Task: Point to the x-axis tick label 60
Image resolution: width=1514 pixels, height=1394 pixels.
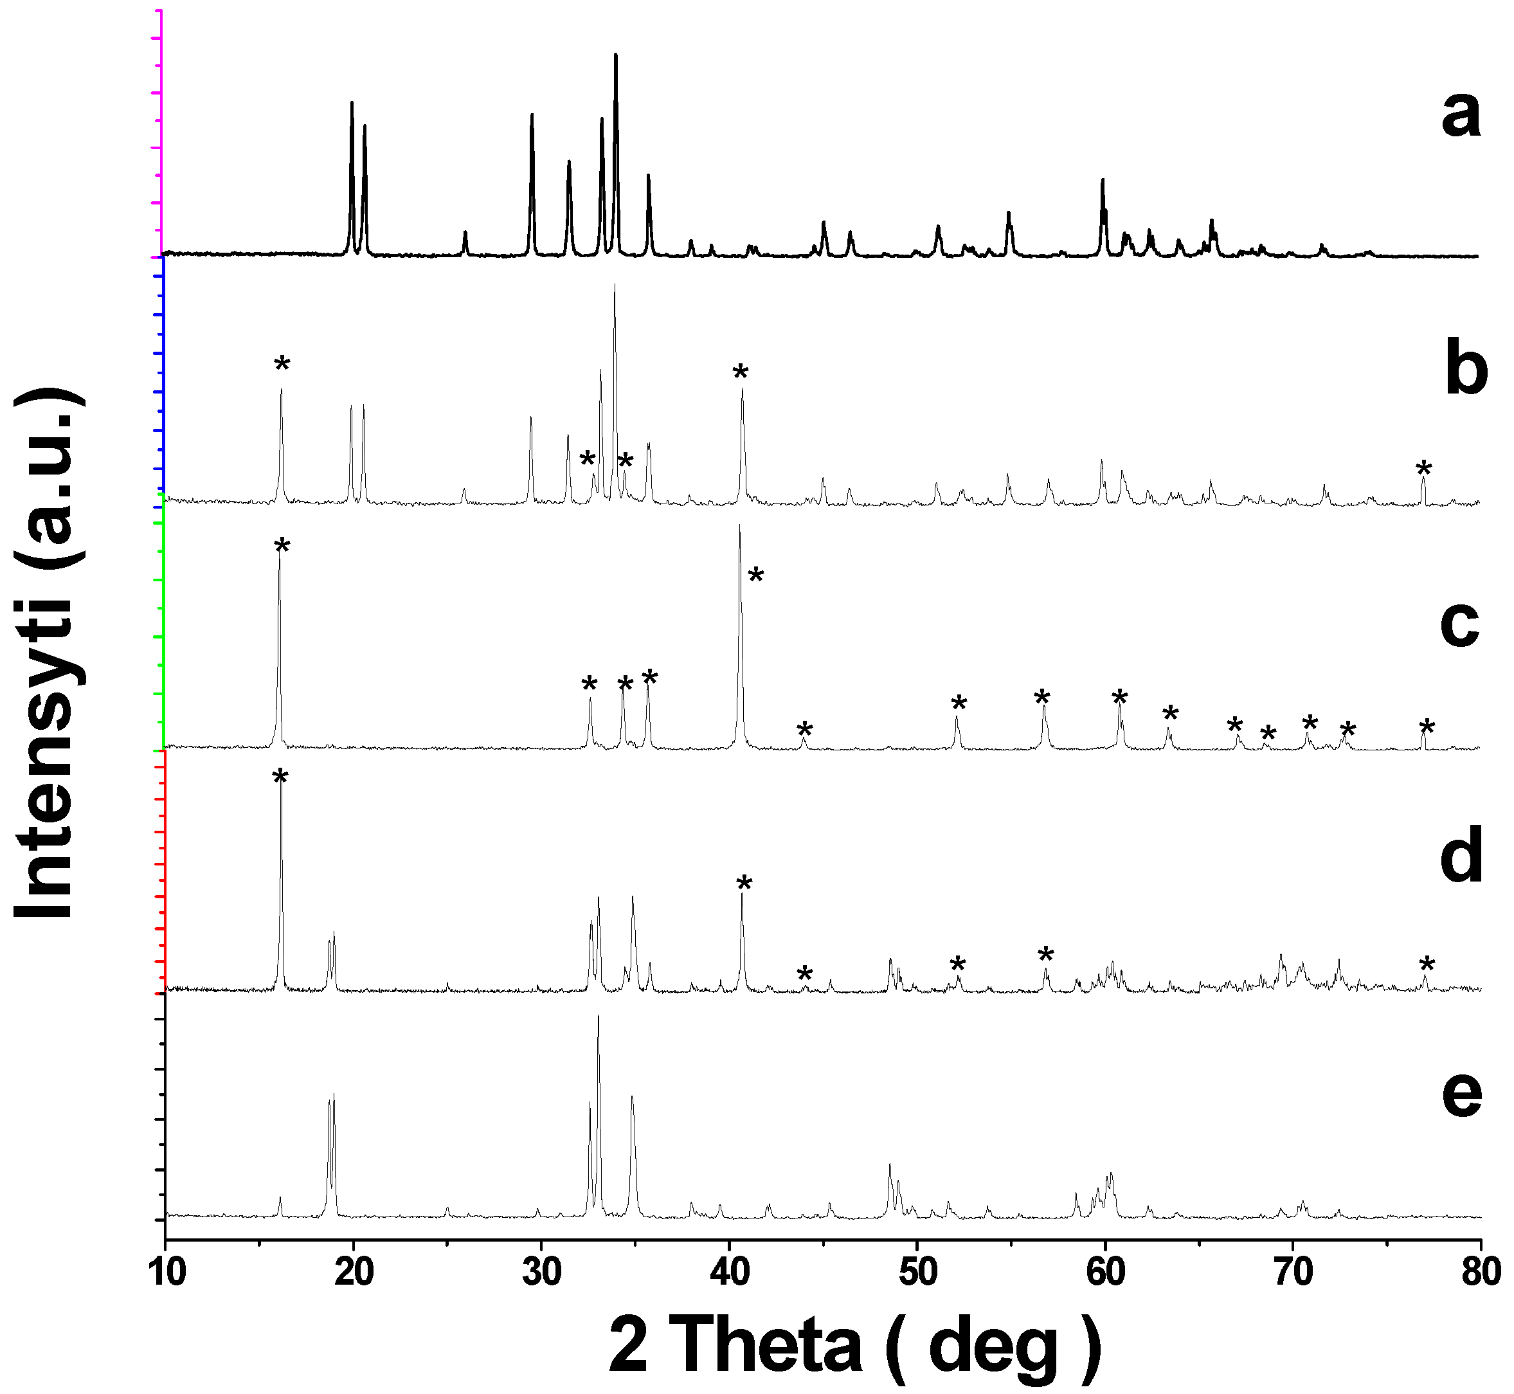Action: [1105, 1273]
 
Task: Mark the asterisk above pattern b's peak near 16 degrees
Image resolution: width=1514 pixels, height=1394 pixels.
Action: [282, 365]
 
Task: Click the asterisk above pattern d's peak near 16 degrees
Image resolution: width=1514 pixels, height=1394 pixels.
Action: [280, 777]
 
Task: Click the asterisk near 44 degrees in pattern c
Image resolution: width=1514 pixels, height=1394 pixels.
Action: [805, 729]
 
